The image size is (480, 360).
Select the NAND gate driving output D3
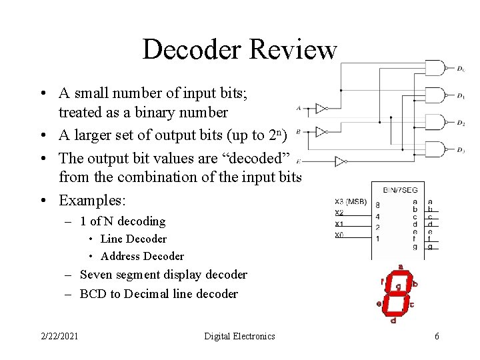pos(434,150)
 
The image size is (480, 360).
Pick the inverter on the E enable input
pos(341,161)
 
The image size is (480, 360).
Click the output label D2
pos(461,123)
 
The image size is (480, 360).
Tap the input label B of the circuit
pos(298,131)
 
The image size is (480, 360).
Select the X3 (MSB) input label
pos(350,201)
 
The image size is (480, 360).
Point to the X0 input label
pos(339,234)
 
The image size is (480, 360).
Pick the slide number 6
pos(437,336)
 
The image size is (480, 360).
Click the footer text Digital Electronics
pos(239,336)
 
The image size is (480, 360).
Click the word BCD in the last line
pos(93,293)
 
